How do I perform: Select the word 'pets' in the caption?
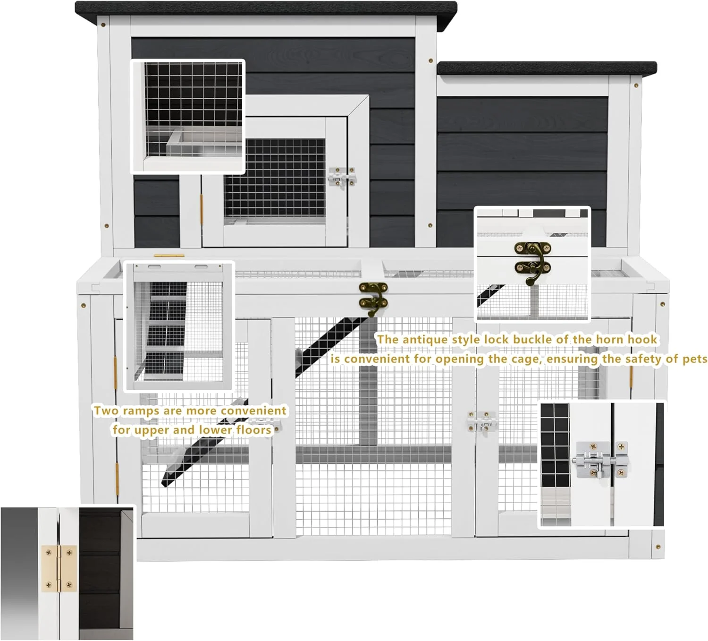tap(695, 359)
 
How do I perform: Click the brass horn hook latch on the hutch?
tap(373, 298)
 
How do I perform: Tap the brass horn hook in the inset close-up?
tap(532, 262)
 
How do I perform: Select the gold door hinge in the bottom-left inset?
tap(59, 569)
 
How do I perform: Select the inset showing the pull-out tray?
tap(188, 116)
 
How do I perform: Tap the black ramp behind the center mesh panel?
tap(330, 345)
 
